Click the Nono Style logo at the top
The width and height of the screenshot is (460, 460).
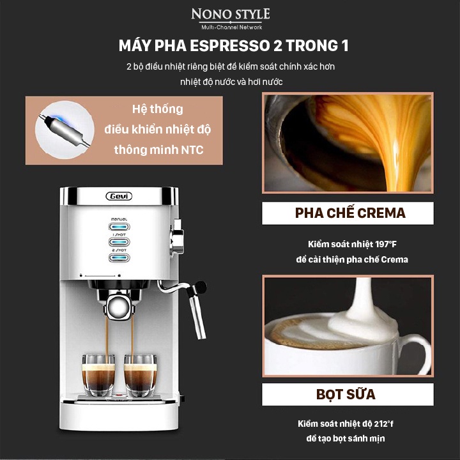[x=231, y=19]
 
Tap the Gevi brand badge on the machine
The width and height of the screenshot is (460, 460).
[x=119, y=196]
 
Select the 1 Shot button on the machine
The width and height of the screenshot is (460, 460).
[x=119, y=241]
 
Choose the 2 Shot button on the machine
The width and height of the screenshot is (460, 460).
[x=119, y=257]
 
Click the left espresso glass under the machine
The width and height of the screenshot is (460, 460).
[x=98, y=375]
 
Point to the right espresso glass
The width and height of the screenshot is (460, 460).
[x=140, y=375]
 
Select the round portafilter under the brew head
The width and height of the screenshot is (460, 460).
[x=119, y=307]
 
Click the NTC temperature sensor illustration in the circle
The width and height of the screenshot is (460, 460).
[x=65, y=130]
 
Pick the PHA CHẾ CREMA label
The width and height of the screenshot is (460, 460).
[x=350, y=213]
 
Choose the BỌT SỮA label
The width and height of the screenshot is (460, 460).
[x=346, y=394]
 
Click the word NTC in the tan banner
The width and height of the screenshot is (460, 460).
[x=192, y=150]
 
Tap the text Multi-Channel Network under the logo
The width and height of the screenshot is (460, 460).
[x=231, y=27]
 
